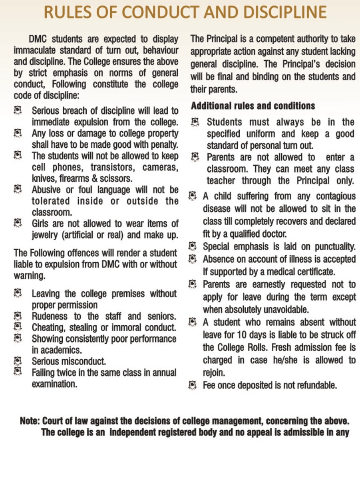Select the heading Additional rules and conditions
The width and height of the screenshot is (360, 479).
click(253, 106)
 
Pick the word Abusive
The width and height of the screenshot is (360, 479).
click(47, 189)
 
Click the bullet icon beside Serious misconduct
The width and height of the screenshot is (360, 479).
click(18, 361)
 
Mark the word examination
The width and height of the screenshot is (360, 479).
click(54, 384)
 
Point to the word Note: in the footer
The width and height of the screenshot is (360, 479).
click(30, 421)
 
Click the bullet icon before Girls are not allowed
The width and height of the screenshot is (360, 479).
click(18, 223)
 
